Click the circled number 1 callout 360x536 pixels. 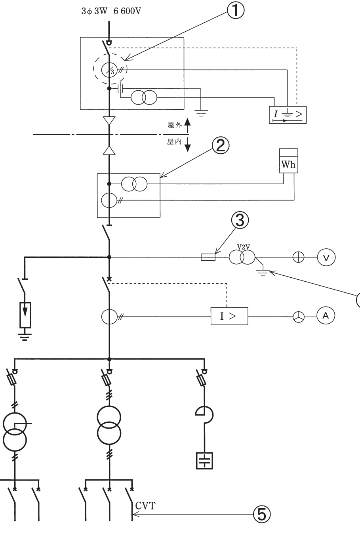click(x=235, y=11)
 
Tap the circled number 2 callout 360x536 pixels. click(x=220, y=145)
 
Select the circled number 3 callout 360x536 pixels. click(x=240, y=220)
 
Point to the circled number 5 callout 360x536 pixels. click(x=262, y=515)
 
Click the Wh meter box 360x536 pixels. click(x=288, y=161)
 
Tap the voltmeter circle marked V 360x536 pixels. click(x=326, y=257)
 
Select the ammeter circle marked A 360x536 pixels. click(x=326, y=316)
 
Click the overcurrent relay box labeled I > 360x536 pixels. click(x=229, y=316)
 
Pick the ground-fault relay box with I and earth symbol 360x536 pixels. click(x=288, y=115)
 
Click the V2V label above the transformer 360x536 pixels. click(x=244, y=247)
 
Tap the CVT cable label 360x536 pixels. click(x=145, y=506)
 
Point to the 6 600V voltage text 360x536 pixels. click(x=127, y=11)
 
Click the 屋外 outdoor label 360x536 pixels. click(x=175, y=125)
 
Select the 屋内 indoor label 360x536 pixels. click(x=174, y=142)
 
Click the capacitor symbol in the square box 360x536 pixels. click(x=204, y=461)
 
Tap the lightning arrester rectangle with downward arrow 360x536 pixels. click(x=25, y=315)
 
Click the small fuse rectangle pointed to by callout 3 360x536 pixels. click(x=208, y=257)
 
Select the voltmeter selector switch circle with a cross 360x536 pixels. click(x=298, y=257)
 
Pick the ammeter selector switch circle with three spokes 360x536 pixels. click(x=299, y=317)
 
